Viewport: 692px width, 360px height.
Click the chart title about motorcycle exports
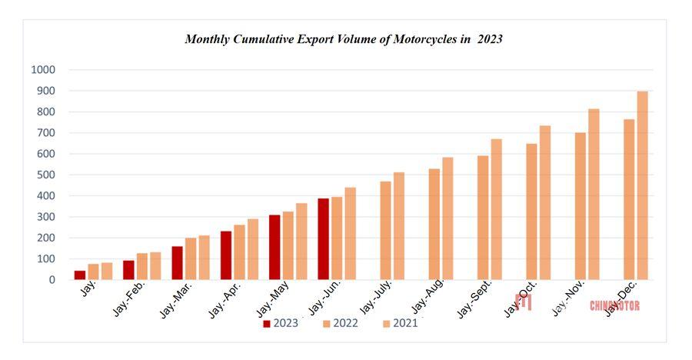click(344, 38)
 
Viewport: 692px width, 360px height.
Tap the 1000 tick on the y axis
click(43, 70)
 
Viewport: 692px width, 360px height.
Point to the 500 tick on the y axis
click(45, 175)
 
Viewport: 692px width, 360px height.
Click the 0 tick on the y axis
click(52, 280)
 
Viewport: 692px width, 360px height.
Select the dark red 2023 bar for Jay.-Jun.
click(323, 239)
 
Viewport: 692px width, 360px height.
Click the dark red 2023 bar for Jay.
click(80, 275)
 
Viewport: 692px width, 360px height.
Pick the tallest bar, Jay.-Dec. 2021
click(642, 185)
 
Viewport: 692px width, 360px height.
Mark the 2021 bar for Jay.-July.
click(398, 226)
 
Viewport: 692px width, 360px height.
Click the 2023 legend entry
click(282, 324)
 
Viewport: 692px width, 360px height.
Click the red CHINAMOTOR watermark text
click(614, 306)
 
